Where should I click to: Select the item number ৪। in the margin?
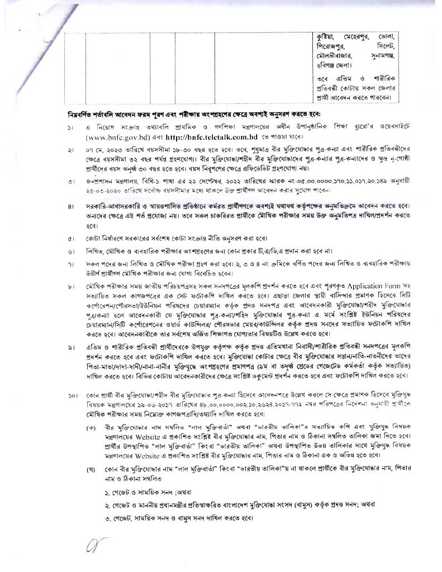71,207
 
